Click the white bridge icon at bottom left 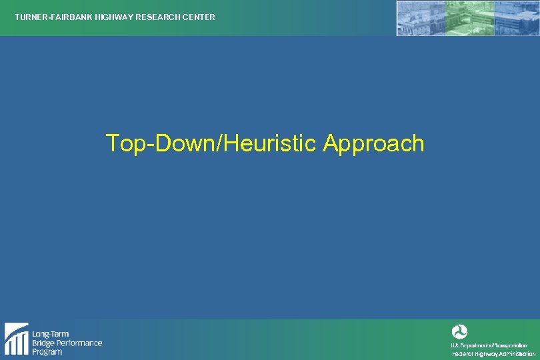16,339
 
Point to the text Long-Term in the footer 51,334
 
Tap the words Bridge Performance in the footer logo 67,343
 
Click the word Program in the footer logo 47,351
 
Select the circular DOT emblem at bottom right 459,331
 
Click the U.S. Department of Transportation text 489,345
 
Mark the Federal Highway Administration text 493,353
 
